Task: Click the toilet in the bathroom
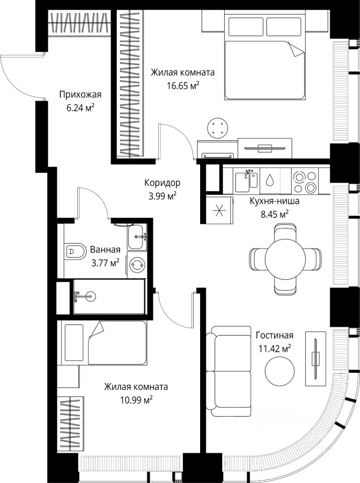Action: click(75, 252)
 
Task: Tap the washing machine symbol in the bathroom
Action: click(136, 264)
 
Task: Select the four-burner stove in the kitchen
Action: click(305, 182)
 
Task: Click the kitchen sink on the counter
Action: click(246, 181)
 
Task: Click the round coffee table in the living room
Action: click(280, 371)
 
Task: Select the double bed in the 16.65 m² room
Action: click(265, 55)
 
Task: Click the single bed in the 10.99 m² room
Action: click(104, 343)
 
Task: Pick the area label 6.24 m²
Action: click(80, 108)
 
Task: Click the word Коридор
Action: click(162, 183)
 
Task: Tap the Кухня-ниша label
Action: click(274, 201)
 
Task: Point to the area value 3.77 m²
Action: click(105, 263)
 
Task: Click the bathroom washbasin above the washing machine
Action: click(136, 236)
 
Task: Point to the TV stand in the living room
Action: click(315, 359)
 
